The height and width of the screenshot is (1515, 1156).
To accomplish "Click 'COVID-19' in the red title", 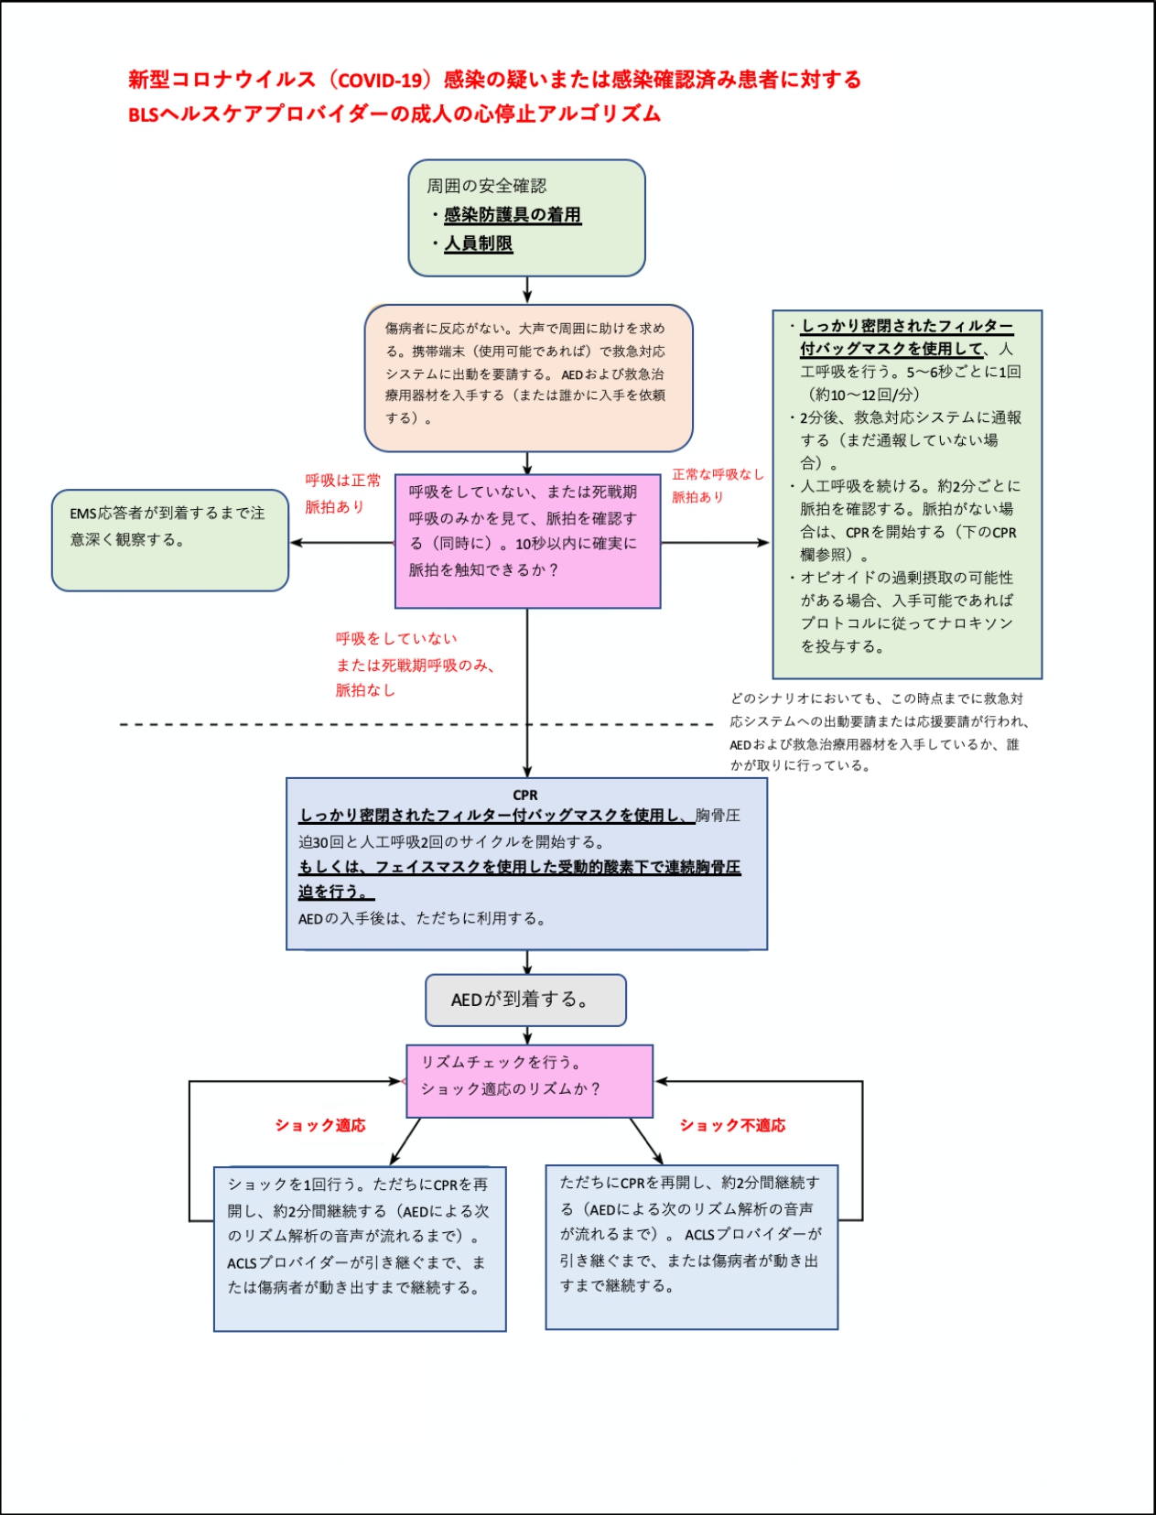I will [380, 81].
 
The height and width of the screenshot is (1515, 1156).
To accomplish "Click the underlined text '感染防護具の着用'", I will [513, 215].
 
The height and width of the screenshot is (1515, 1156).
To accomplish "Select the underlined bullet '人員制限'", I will [478, 243].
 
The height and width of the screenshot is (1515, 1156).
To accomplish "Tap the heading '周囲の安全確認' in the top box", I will [486, 186].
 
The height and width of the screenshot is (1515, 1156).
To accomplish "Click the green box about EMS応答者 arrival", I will [170, 540].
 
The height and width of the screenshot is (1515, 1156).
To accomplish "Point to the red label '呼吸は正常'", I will [342, 481].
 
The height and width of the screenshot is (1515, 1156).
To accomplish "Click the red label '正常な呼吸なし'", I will [717, 474].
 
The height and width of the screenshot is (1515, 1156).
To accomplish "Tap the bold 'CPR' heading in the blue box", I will [525, 795].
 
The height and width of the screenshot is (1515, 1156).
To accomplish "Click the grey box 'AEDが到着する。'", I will [525, 1000].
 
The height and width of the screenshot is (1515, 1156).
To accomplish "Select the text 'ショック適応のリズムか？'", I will [511, 1088].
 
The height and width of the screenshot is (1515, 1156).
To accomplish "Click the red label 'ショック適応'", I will [320, 1125].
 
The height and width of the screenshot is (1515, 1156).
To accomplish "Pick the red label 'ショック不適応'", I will [732, 1125].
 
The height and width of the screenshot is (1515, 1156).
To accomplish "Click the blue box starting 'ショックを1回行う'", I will [360, 1248].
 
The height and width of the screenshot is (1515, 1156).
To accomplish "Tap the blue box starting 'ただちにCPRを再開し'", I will [691, 1246].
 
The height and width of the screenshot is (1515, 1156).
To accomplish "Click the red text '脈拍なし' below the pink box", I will [365, 690].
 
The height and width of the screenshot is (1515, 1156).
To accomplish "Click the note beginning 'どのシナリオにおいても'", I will [877, 731].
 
